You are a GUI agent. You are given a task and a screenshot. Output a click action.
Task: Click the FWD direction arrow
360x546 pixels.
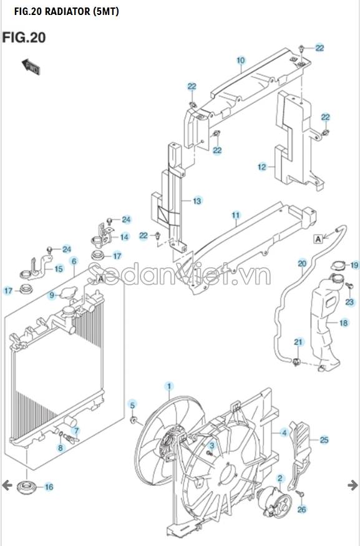pyautogui.click(x=31, y=67)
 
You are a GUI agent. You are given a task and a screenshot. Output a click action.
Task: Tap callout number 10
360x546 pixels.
pyautogui.click(x=241, y=61)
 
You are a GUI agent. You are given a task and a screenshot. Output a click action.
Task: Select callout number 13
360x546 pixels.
pyautogui.click(x=197, y=201)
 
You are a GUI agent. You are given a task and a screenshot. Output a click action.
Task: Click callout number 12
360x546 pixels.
pyautogui.click(x=262, y=167)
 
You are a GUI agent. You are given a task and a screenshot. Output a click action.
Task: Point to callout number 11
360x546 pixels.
pyautogui.click(x=236, y=215)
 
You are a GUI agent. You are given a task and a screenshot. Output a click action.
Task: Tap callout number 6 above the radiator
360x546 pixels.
pyautogui.click(x=74, y=261)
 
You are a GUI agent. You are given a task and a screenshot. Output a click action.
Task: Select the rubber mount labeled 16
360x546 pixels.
pyautogui.click(x=25, y=487)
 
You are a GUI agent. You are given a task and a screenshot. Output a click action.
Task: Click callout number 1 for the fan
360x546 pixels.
pyautogui.click(x=169, y=386)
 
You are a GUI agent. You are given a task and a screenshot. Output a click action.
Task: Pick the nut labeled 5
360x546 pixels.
pyautogui.click(x=133, y=420)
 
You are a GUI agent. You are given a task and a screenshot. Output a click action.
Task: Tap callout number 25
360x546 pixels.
pyautogui.click(x=324, y=440)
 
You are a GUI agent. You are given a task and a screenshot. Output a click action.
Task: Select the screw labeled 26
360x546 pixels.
pyautogui.click(x=300, y=494)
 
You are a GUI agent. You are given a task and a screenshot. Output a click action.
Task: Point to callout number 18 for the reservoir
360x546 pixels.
pyautogui.click(x=344, y=323)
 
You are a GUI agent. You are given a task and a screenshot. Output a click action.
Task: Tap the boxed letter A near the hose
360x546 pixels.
pyautogui.click(x=318, y=239)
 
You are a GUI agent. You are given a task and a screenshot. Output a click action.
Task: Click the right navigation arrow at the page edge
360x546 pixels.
pyautogui.click(x=353, y=485)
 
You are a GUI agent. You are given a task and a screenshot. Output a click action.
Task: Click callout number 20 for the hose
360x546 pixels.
pyautogui.click(x=302, y=263)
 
